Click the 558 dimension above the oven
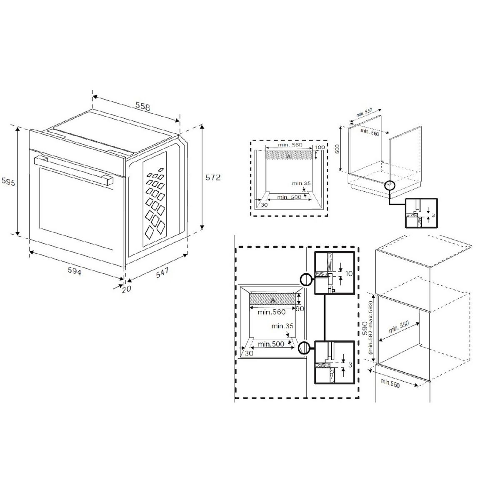coord(142,107)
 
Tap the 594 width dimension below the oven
coord(75,271)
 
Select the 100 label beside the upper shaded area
coord(320,148)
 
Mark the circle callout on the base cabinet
coord(389,185)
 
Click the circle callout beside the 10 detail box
coord(306,280)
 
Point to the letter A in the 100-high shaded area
coord(289,156)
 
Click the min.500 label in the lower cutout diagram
coord(271,344)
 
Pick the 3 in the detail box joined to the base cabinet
coord(433,215)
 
